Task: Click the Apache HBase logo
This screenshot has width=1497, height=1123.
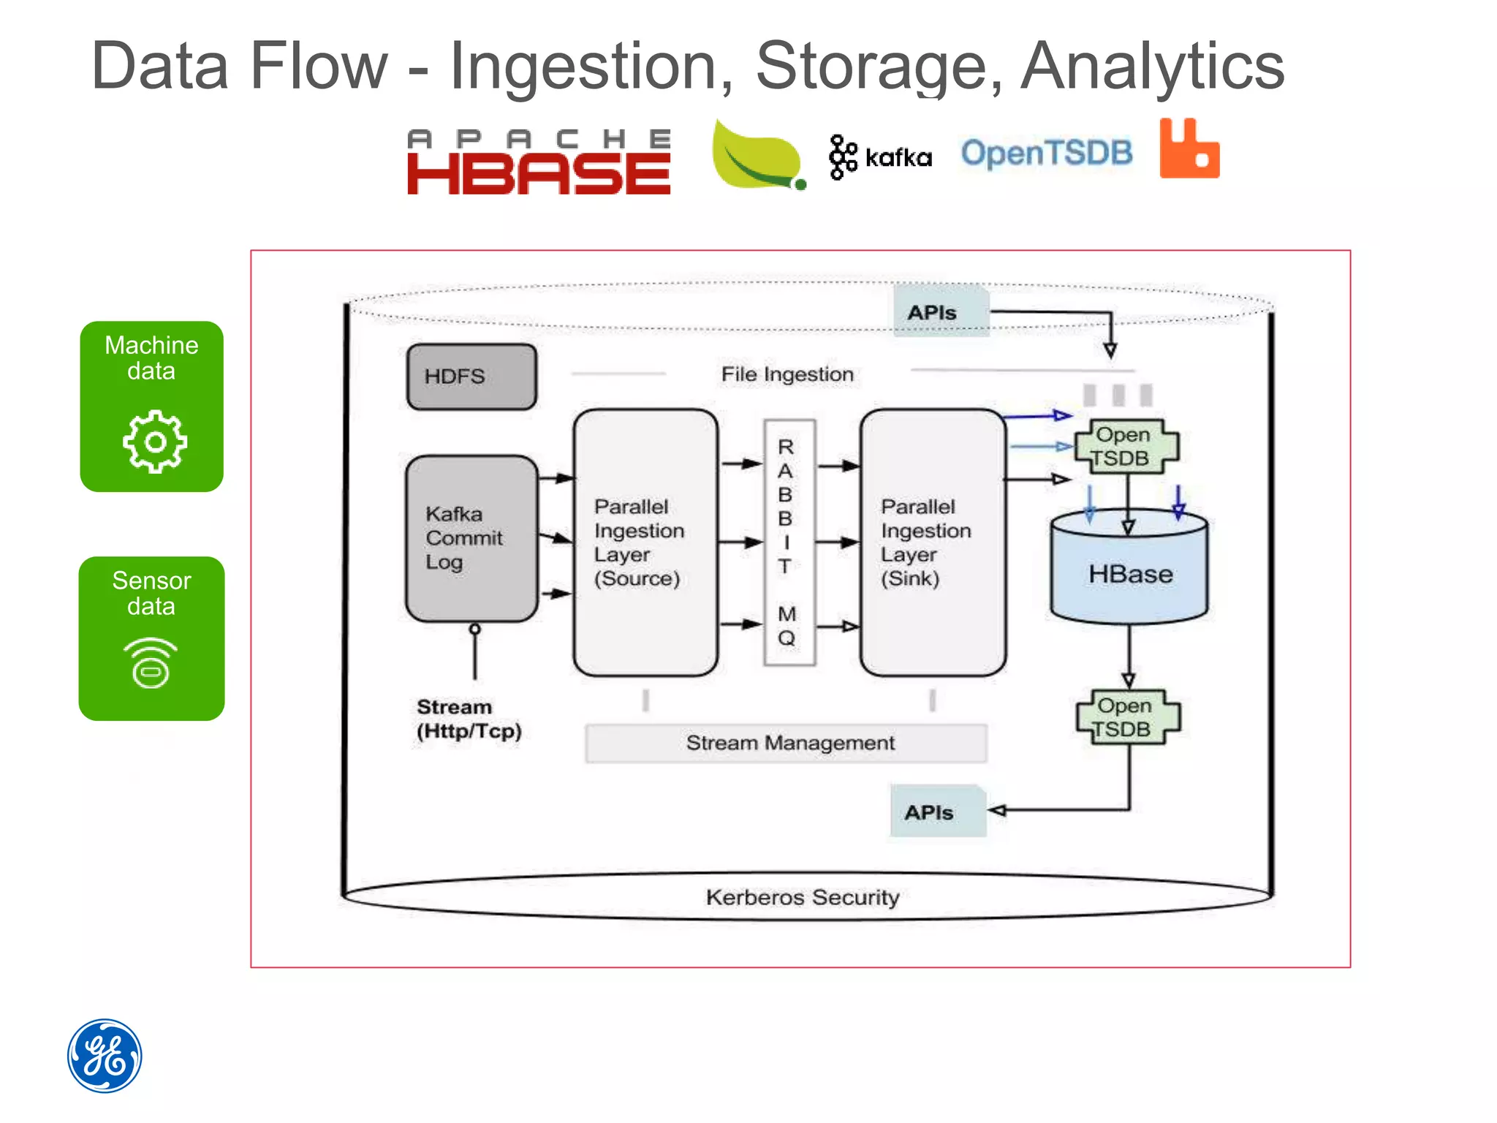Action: (539, 162)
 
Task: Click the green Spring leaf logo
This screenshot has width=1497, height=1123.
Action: (757, 156)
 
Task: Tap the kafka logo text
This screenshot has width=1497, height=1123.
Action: (898, 158)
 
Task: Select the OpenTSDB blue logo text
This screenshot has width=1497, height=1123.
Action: (1046, 154)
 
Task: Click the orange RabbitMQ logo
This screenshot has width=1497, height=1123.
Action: (1189, 150)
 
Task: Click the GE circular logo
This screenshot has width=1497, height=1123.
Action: (105, 1055)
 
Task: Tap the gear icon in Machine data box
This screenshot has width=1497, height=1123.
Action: (154, 442)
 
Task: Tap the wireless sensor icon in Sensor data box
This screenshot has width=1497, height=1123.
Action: (151, 663)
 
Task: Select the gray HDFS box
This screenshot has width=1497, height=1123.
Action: (471, 377)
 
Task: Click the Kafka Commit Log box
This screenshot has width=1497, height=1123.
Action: (471, 539)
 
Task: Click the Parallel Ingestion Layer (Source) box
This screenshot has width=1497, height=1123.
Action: (645, 542)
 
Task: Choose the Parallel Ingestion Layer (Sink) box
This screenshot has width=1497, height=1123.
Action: (932, 542)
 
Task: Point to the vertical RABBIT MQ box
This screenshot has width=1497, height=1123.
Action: (788, 542)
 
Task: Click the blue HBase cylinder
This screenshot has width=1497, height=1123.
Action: (1129, 574)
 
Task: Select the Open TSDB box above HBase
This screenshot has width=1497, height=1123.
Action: (1126, 446)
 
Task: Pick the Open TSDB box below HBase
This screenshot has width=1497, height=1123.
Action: (1127, 717)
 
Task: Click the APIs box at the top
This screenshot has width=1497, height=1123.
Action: (940, 312)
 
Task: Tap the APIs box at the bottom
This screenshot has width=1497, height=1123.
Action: (937, 812)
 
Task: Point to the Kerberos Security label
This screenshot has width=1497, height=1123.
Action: (802, 897)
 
